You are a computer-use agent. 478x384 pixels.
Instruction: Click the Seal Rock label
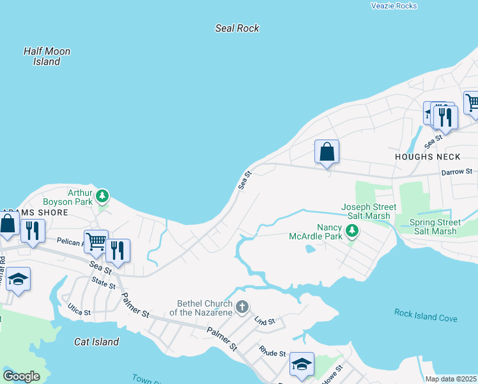237,28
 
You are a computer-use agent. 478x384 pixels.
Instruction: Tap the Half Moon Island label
47,56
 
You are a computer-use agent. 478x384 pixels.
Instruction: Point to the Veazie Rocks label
394,6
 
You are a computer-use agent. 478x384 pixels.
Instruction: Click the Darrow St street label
456,172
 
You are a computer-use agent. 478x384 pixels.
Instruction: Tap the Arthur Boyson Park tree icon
102,195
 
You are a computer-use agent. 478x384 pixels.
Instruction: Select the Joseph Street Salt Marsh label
369,211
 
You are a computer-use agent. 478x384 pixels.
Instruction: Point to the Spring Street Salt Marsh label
433,227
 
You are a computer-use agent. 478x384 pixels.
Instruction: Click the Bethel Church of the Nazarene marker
242,307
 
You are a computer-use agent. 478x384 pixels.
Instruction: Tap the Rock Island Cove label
425,316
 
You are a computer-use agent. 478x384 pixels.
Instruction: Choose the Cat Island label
96,342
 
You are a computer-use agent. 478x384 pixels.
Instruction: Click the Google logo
21,376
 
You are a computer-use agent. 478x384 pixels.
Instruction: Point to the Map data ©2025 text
451,379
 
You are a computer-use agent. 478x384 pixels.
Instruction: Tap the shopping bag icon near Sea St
327,152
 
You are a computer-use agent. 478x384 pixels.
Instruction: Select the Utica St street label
79,312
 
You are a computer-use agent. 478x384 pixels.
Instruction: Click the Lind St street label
264,321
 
